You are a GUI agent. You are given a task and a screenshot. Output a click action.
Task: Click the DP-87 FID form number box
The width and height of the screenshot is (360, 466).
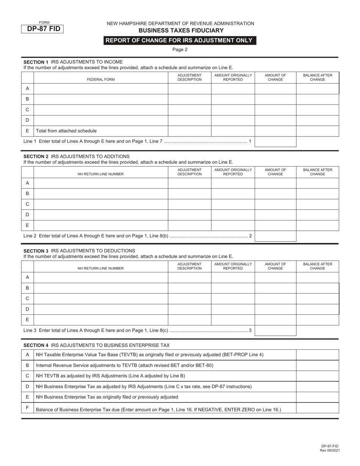42,29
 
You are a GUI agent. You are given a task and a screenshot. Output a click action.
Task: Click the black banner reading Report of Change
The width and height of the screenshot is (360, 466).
180,41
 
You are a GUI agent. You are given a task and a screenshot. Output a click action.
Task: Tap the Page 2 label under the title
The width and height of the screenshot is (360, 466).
180,49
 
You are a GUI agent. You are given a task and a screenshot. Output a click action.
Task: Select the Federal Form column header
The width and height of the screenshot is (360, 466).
101,80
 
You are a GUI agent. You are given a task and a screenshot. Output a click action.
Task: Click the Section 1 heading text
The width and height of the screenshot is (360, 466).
73,62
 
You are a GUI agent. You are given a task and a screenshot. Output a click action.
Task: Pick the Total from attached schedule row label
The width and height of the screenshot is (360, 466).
66,131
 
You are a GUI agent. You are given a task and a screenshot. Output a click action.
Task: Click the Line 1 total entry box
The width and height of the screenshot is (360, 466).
275,142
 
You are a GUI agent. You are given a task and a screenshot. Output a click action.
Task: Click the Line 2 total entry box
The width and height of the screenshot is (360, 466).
275,236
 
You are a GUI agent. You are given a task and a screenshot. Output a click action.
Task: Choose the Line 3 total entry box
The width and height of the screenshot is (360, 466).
275,330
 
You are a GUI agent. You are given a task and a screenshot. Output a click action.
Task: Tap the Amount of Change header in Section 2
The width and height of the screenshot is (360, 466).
275,172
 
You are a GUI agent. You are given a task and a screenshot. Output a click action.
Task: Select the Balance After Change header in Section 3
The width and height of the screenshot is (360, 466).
317,266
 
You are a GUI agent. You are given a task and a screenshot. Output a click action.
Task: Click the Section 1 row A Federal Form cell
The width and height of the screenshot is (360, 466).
101,89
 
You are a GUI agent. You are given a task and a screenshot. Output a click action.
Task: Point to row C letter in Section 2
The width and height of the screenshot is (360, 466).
27,204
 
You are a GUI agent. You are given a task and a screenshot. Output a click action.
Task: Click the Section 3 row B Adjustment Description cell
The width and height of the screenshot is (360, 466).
189,288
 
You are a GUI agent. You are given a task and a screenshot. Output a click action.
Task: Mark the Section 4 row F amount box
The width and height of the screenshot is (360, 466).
317,408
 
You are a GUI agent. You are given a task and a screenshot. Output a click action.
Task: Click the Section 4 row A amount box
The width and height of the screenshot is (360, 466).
317,355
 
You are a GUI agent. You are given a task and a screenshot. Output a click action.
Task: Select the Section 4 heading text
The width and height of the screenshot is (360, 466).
97,345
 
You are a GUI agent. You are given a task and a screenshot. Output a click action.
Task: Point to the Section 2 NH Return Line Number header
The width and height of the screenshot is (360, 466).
101,174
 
